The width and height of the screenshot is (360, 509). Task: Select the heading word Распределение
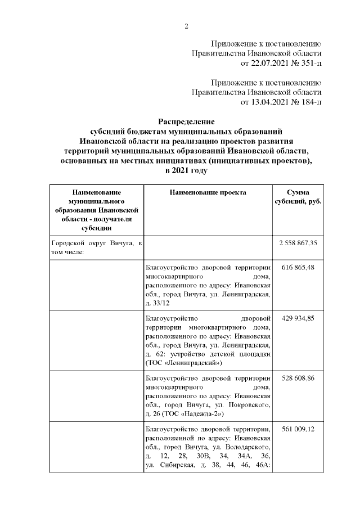click(186, 121)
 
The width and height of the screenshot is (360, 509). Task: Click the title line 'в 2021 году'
click(186, 170)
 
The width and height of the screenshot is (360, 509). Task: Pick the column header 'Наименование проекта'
click(208, 192)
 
